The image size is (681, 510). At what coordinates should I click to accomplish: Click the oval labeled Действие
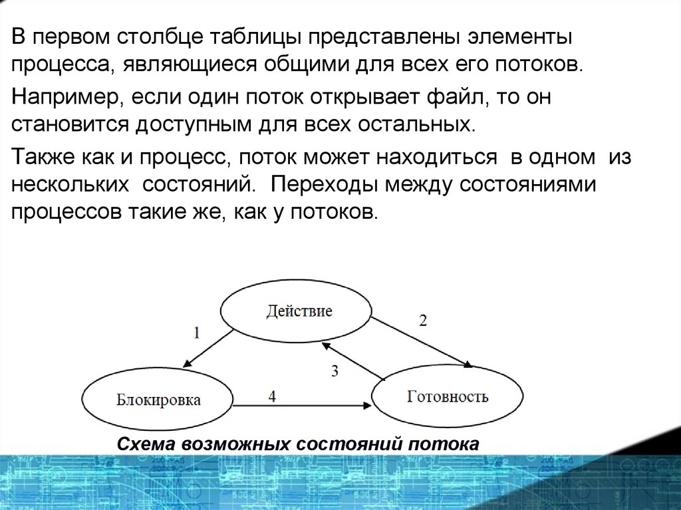click(296, 311)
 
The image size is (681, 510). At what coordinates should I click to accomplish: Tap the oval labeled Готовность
click(447, 397)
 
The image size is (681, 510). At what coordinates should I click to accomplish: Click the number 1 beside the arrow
click(197, 333)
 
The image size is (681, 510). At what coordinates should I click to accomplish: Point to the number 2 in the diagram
click(423, 320)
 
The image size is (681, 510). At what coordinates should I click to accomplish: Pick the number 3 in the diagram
click(335, 371)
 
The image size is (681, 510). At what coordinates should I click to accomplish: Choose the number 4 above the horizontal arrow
click(272, 396)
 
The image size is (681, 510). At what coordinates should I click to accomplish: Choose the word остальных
click(423, 124)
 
